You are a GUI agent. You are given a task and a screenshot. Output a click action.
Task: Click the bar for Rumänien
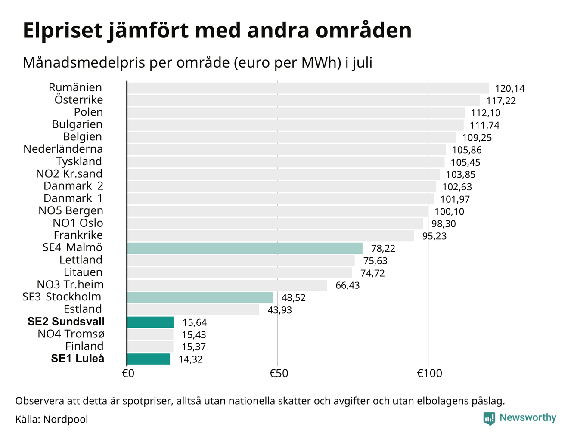(308, 88)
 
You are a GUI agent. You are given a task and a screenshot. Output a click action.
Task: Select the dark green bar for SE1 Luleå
(149, 359)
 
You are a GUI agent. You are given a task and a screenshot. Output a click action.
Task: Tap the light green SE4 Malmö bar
(245, 248)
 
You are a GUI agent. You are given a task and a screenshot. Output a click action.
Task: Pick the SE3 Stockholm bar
(200, 297)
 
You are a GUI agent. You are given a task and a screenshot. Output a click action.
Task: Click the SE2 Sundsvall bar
(151, 322)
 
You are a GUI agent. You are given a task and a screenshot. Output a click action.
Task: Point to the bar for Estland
(193, 310)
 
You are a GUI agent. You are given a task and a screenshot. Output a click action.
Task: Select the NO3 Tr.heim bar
(227, 285)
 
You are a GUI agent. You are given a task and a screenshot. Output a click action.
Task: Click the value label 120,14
(510, 89)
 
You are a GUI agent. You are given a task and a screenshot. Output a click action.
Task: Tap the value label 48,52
(293, 298)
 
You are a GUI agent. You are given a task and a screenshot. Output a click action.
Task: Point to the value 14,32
(191, 359)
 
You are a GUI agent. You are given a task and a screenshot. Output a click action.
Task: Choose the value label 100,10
(449, 211)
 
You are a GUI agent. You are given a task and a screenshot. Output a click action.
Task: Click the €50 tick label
(279, 373)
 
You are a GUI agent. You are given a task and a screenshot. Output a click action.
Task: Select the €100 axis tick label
(430, 373)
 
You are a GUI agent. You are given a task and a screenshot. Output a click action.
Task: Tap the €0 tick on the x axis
(128, 373)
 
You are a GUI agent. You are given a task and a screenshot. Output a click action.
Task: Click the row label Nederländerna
(63, 149)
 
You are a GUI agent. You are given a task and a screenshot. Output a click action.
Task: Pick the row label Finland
(84, 346)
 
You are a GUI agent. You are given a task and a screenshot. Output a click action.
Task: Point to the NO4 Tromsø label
(71, 334)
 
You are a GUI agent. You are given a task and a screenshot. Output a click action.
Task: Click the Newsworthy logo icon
(489, 418)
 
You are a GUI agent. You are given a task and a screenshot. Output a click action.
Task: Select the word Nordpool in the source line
(65, 419)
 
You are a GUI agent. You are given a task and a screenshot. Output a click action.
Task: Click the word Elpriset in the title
(62, 31)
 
